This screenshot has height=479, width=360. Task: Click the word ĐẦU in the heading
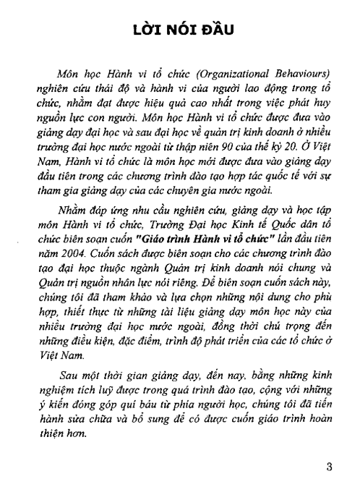225,33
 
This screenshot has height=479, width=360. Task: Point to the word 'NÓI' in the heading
179,33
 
